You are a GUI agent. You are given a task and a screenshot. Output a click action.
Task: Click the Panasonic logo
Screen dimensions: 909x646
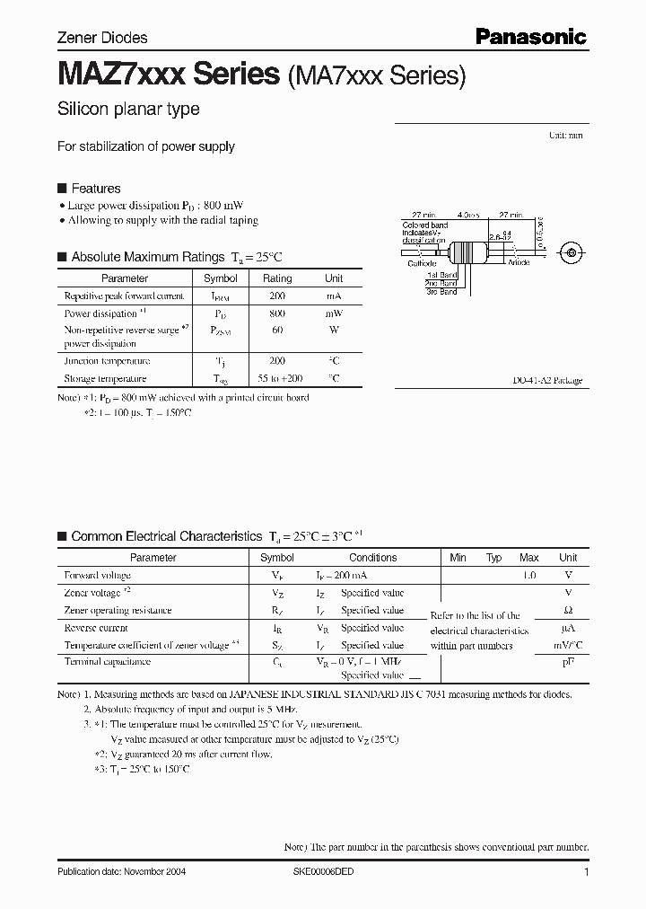coord(530,37)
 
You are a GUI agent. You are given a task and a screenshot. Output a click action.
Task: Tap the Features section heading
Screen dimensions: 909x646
coord(95,189)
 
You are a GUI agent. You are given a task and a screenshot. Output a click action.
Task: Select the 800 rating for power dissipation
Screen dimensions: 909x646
coord(276,313)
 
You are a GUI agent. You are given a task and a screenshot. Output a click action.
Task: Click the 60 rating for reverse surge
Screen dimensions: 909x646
coord(276,331)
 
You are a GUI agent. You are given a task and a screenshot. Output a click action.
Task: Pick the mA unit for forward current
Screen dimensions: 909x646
coord(333,296)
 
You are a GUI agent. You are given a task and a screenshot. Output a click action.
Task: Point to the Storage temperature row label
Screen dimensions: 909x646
coord(105,379)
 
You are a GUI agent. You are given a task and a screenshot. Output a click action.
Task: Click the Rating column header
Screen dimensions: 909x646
coord(276,278)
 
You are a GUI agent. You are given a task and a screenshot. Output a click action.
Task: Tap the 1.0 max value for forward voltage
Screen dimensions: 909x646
coord(528,575)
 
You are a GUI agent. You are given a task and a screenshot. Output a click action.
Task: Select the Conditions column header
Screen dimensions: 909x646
coord(372,558)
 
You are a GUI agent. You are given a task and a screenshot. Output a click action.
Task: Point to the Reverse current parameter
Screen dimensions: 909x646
coord(96,628)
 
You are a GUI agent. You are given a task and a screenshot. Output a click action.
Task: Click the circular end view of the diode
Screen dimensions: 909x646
coord(568,253)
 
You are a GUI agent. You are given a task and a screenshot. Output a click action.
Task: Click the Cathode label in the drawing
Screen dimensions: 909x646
coord(422,263)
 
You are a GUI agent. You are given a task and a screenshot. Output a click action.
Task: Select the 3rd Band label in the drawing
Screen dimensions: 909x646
coord(441,292)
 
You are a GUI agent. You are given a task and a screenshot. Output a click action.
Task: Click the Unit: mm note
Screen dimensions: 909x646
coord(566,135)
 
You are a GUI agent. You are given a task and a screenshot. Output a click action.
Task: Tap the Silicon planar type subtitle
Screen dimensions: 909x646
coord(128,110)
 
